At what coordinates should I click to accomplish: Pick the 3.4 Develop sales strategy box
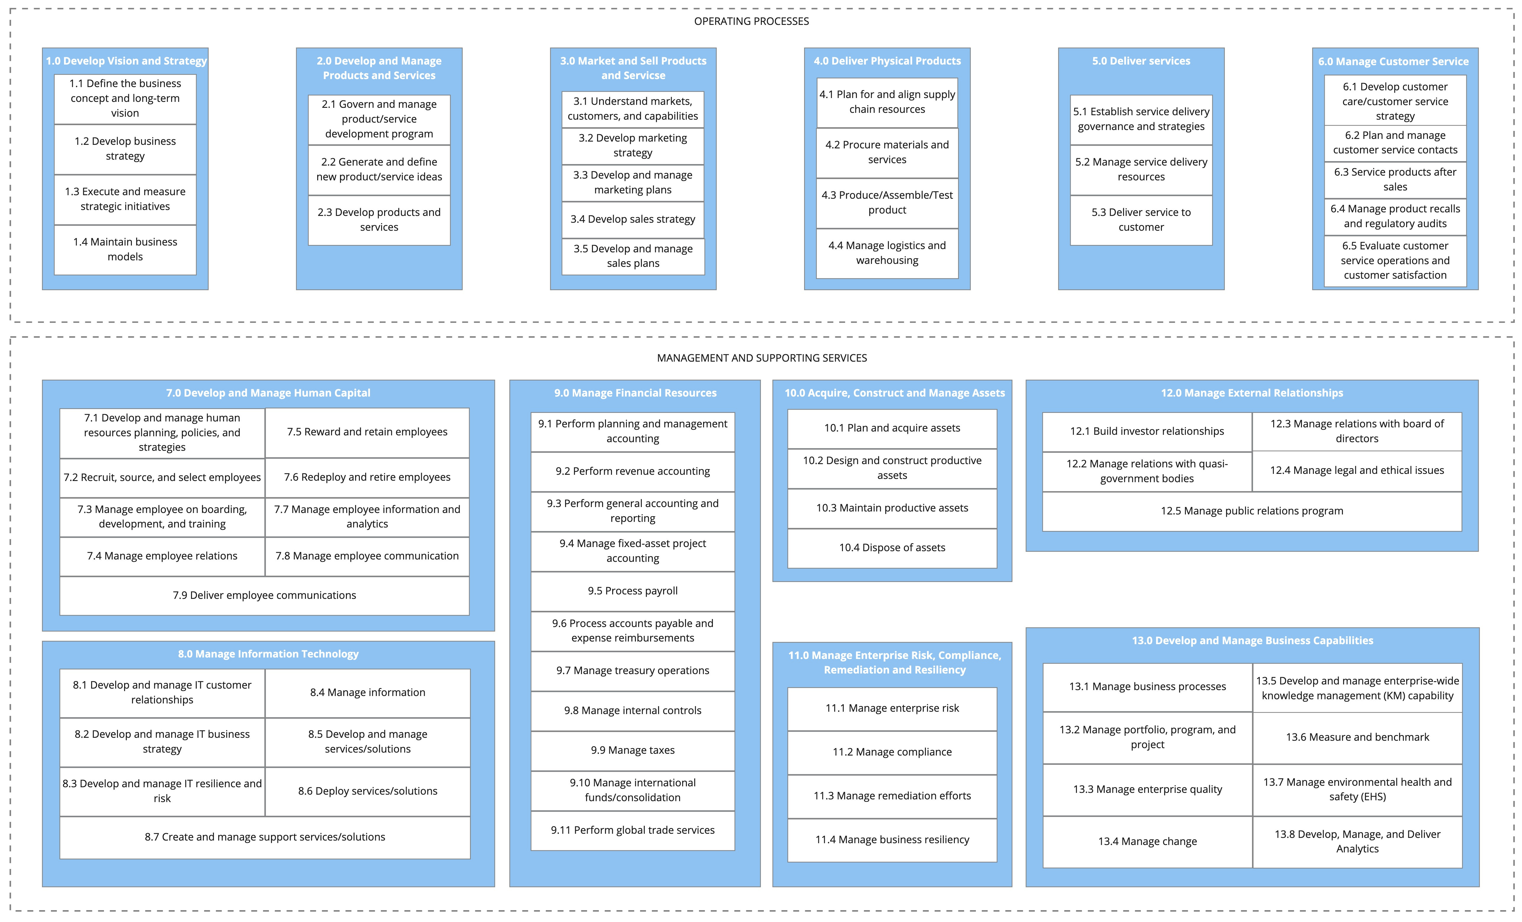click(633, 219)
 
